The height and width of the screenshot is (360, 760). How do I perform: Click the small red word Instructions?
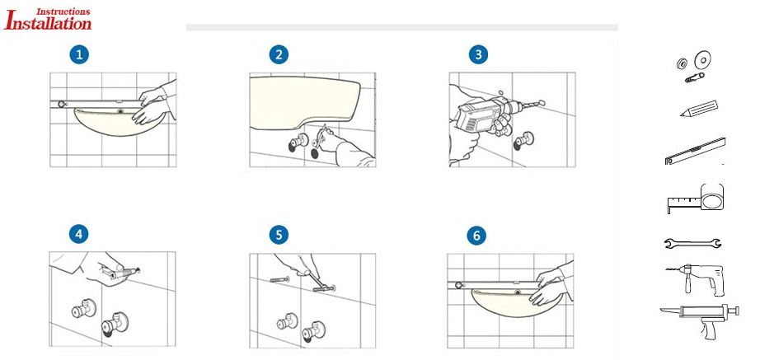[x=63, y=11]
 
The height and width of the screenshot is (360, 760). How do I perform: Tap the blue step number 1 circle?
[x=79, y=54]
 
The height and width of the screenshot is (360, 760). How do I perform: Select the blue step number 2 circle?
[x=279, y=54]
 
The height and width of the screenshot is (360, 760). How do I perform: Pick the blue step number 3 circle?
[x=478, y=54]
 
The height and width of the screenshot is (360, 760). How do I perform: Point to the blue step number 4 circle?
[x=79, y=235]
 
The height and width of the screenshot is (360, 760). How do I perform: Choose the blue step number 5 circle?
[x=279, y=236]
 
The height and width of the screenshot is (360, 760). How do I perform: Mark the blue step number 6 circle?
[x=476, y=236]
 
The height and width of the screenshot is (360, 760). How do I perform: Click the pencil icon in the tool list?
[x=698, y=109]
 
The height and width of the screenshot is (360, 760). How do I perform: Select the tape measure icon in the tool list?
[x=696, y=199]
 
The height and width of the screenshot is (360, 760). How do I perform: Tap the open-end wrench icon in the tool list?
[x=692, y=242]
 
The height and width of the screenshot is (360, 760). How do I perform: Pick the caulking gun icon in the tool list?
[x=699, y=318]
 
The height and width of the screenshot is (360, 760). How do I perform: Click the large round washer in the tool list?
[x=701, y=59]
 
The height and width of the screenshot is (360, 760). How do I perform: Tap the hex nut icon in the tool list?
[x=681, y=63]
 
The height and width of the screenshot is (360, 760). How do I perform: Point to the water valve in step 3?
[x=524, y=141]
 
